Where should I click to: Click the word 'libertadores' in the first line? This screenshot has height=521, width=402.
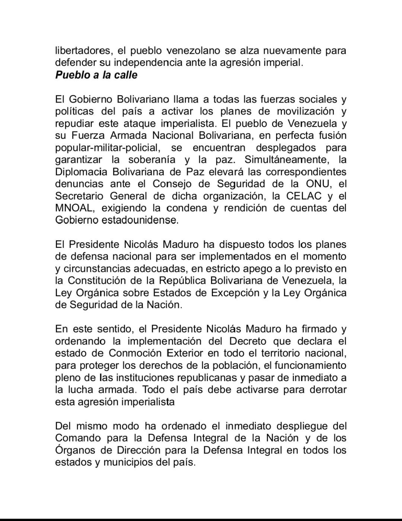(83, 51)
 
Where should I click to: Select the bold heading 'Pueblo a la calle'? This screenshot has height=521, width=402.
(96, 75)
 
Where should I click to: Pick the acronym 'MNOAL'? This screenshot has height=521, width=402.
(75, 208)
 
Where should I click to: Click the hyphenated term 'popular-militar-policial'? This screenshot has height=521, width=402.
(109, 147)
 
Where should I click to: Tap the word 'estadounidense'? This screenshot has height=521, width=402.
(141, 220)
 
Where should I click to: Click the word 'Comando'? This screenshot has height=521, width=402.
(78, 438)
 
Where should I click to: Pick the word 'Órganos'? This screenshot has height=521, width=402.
(75, 450)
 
